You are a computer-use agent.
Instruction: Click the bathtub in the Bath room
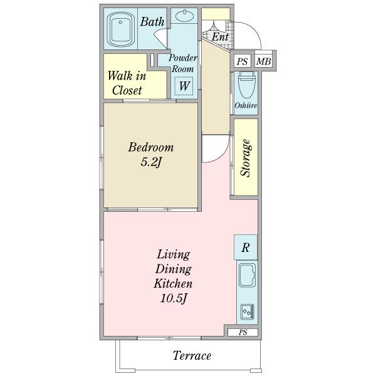coord(120,29)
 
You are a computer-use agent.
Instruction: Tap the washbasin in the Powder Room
coord(184,16)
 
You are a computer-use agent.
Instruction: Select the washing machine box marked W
coord(184,86)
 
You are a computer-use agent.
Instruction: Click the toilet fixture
coord(246,85)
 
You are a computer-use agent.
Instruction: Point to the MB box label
coord(263,61)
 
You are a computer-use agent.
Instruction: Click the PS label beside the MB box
coord(242,61)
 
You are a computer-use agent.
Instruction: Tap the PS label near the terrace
coord(243,333)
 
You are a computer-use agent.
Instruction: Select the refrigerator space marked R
coord(246,248)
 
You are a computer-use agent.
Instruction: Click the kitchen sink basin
coord(247,275)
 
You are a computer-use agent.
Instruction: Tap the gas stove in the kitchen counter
coord(248,311)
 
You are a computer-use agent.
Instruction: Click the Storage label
coord(246,159)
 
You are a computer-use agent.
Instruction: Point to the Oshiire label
coord(246,105)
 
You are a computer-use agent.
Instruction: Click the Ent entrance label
coord(220,37)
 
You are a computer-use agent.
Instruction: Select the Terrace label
coord(192,355)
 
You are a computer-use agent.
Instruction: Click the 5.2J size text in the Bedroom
coord(150,162)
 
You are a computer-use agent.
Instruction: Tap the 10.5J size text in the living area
coord(174,298)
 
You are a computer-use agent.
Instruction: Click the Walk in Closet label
coord(127,83)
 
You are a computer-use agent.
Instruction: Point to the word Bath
coord(152,21)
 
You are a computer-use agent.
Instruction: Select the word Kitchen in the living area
coord(173,284)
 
